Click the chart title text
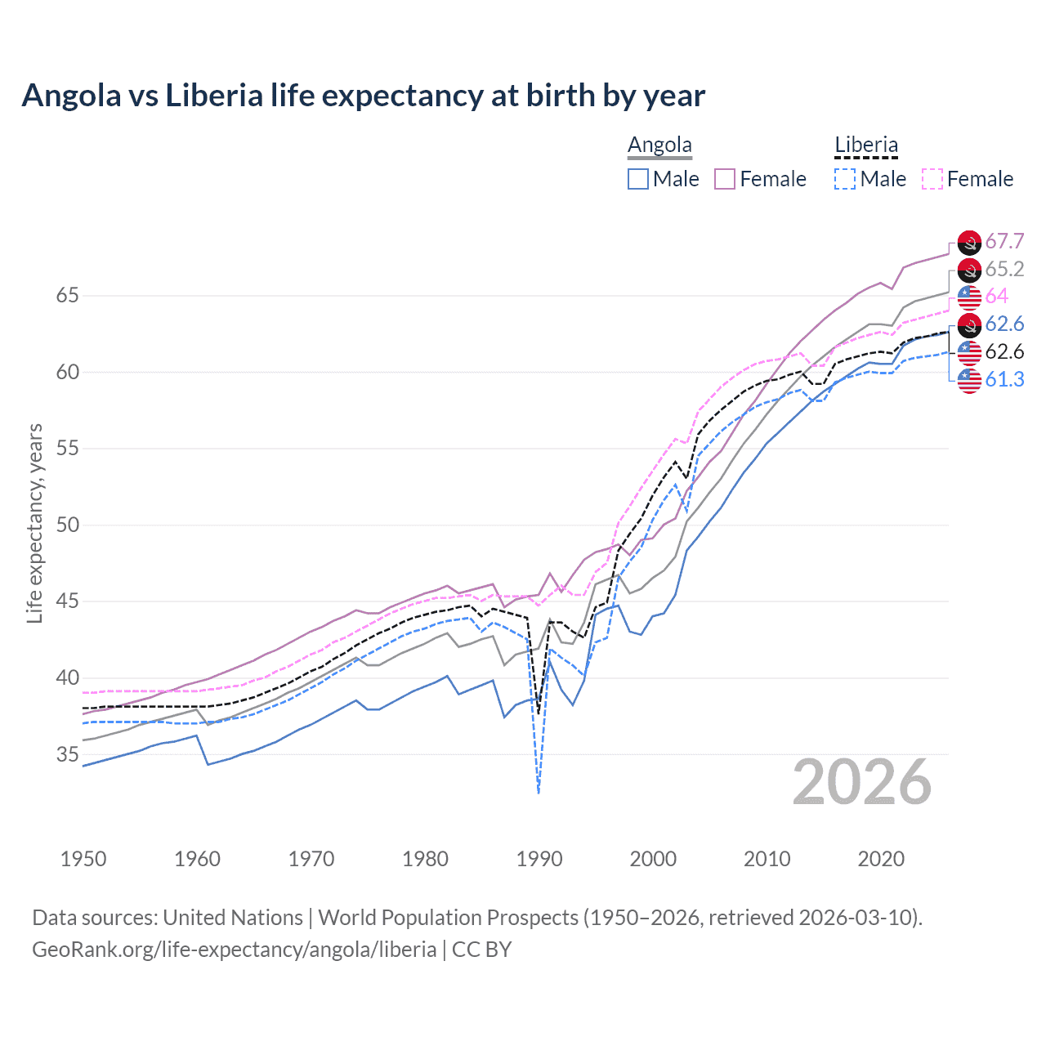363,96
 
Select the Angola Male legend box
638,179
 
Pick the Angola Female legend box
725,179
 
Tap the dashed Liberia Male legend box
845,179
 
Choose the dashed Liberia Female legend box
932,179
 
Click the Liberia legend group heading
866,145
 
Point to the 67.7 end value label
1004,241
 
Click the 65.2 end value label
1004,269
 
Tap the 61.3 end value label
1004,379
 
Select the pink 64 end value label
997,296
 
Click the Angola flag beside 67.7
969,242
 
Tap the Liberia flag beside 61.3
969,380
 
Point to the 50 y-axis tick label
68,525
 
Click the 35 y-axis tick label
68,754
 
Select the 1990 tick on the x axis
539,859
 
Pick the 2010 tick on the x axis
767,859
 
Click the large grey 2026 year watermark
862,783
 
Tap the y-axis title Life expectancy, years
34,523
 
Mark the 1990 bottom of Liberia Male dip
539,792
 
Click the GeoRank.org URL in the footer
234,950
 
